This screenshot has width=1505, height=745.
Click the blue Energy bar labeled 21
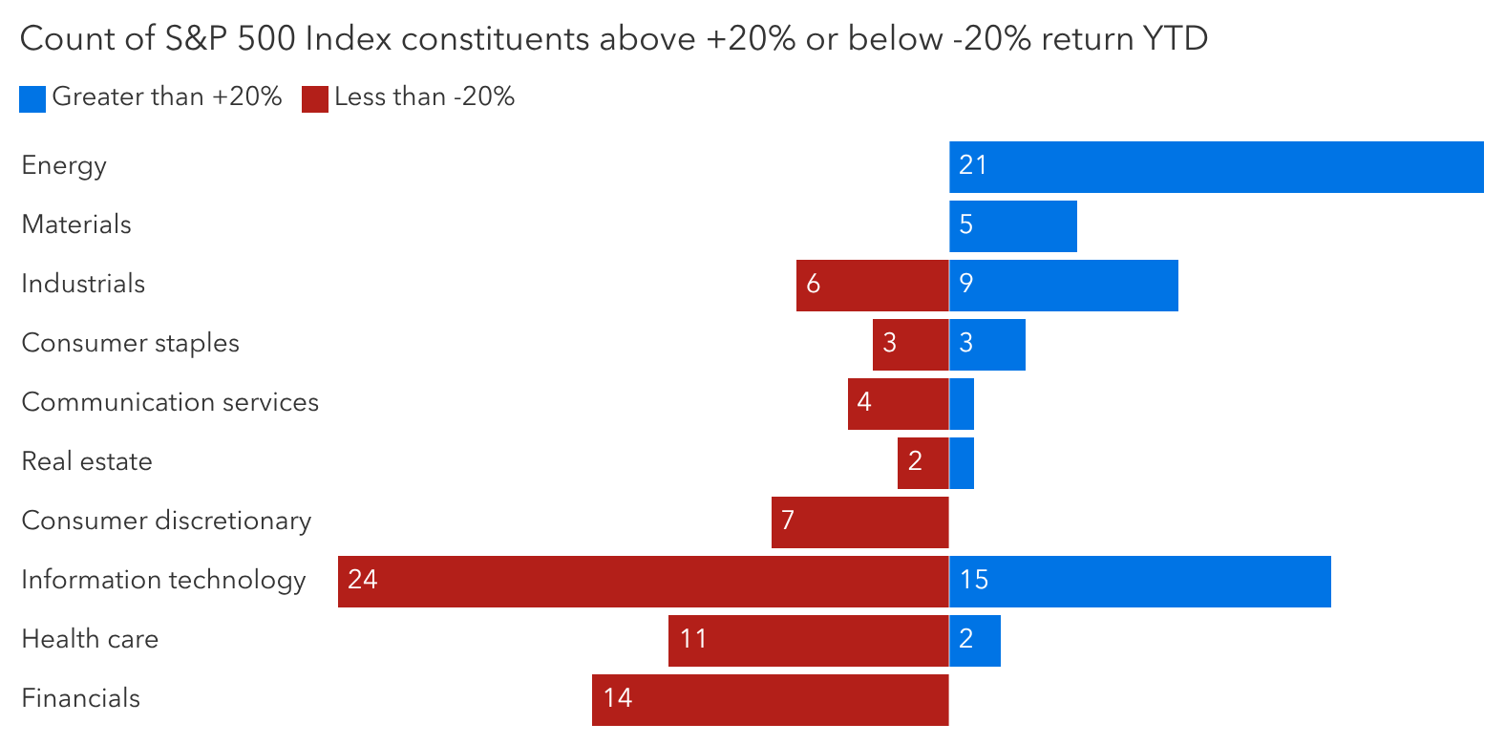pyautogui.click(x=1216, y=167)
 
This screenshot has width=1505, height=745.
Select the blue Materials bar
pyautogui.click(x=1013, y=226)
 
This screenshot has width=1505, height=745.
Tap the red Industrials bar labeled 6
pyautogui.click(x=872, y=286)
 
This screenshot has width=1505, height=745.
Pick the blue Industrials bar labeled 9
pyautogui.click(x=1064, y=286)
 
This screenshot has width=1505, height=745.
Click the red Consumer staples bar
pyautogui.click(x=910, y=345)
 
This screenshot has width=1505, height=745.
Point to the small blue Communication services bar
pyautogui.click(x=962, y=404)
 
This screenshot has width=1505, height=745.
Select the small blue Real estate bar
pyautogui.click(x=962, y=463)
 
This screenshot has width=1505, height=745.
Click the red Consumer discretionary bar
pyautogui.click(x=859, y=522)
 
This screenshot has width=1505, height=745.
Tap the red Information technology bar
pyautogui.click(x=643, y=582)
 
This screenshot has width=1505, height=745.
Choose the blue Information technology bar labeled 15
pyautogui.click(x=1140, y=582)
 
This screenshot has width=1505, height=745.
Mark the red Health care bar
pyautogui.click(x=808, y=641)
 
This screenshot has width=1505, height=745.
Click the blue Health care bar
pyautogui.click(x=975, y=641)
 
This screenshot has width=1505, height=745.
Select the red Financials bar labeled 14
pyautogui.click(x=770, y=700)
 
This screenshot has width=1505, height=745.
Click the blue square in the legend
pyautogui.click(x=32, y=99)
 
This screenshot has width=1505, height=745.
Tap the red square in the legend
pyautogui.click(x=315, y=99)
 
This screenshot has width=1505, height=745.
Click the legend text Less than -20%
pyautogui.click(x=424, y=96)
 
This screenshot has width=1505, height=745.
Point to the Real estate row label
pyautogui.click(x=87, y=461)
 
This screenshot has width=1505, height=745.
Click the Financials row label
pyautogui.click(x=81, y=698)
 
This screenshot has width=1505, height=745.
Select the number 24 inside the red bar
pyautogui.click(x=363, y=580)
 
